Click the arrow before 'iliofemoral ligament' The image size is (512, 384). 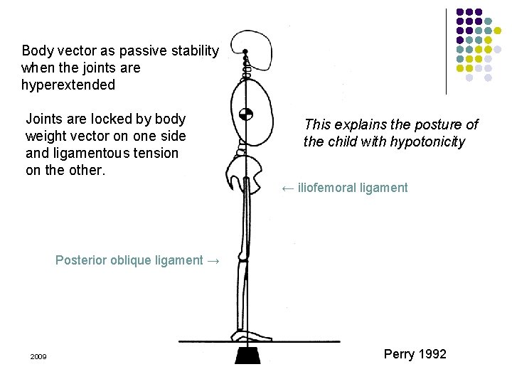pyautogui.click(x=287, y=188)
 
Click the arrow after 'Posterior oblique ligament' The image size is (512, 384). pyautogui.click(x=213, y=260)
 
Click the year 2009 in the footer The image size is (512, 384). pyautogui.click(x=38, y=356)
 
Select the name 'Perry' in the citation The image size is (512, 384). pyautogui.click(x=399, y=353)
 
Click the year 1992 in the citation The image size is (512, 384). pyautogui.click(x=432, y=353)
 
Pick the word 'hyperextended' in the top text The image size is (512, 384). pyautogui.click(x=68, y=85)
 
